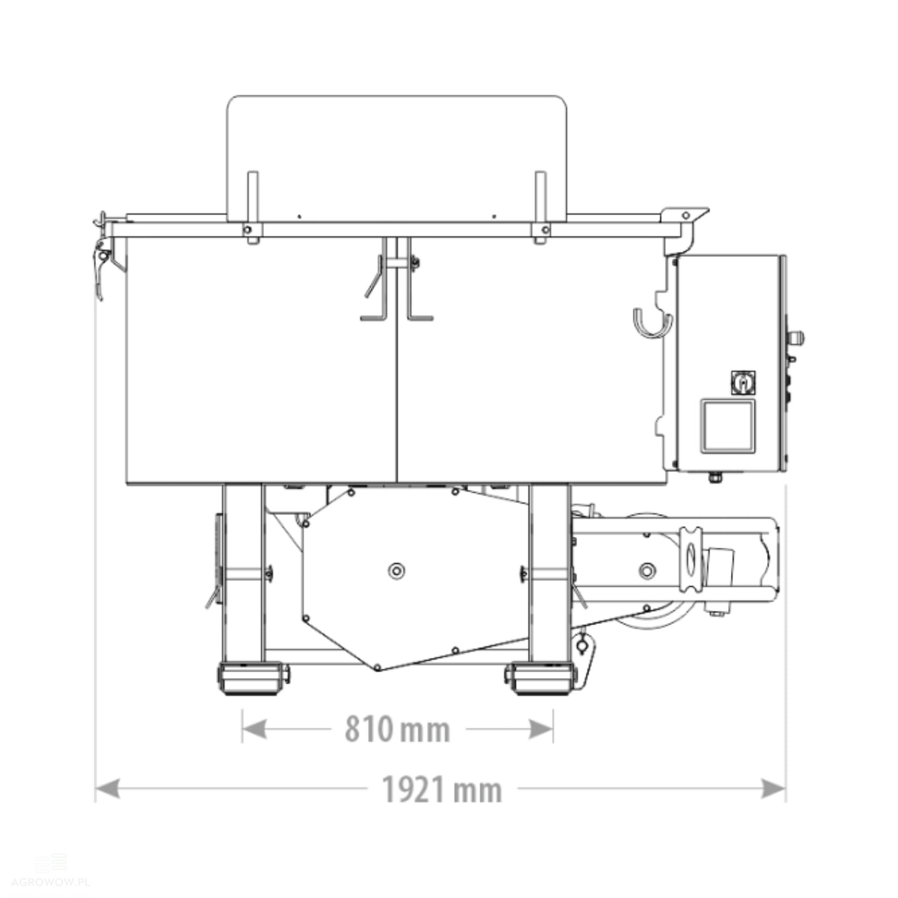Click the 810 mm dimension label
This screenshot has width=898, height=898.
point(397,729)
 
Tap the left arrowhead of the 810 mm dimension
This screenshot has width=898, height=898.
point(254,729)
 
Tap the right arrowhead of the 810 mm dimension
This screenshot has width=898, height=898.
point(541,729)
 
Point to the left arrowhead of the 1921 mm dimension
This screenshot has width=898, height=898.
point(108,788)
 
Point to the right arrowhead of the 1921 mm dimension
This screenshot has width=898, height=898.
point(773,788)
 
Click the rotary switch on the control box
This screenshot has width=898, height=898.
point(743,383)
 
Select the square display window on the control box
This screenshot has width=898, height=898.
point(727,426)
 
